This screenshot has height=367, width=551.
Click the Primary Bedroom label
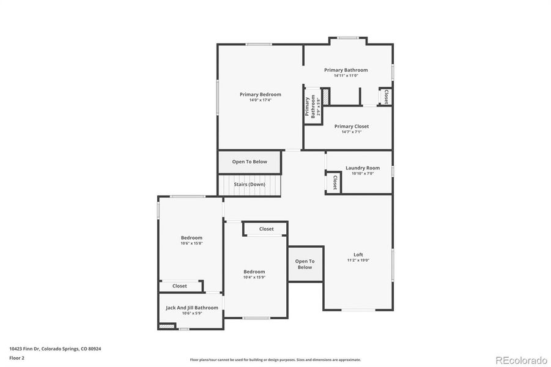tap(260, 94)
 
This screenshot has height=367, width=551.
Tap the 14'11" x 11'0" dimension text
tap(346, 76)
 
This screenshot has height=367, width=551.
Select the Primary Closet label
tap(351, 126)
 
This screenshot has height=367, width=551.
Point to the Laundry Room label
tap(362, 168)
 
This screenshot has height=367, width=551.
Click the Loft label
tap(358, 254)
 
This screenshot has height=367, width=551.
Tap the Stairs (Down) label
tap(249, 184)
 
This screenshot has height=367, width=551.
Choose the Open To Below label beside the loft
tap(305, 264)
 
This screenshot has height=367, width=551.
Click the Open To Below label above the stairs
tap(250, 161)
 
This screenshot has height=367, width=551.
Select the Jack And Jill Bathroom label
tap(191, 308)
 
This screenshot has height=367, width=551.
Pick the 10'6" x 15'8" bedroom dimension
tap(191, 243)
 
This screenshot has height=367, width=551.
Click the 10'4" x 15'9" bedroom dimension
tap(254, 277)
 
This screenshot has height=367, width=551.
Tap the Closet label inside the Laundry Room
tap(335, 182)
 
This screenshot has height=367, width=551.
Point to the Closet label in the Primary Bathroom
tap(386, 97)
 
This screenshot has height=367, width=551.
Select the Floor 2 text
tap(17, 357)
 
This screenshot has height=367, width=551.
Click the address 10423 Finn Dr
tap(55, 349)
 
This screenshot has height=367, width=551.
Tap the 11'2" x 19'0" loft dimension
tap(358, 260)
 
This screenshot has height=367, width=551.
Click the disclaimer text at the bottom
tap(275, 360)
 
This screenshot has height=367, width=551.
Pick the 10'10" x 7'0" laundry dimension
tap(362, 173)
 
